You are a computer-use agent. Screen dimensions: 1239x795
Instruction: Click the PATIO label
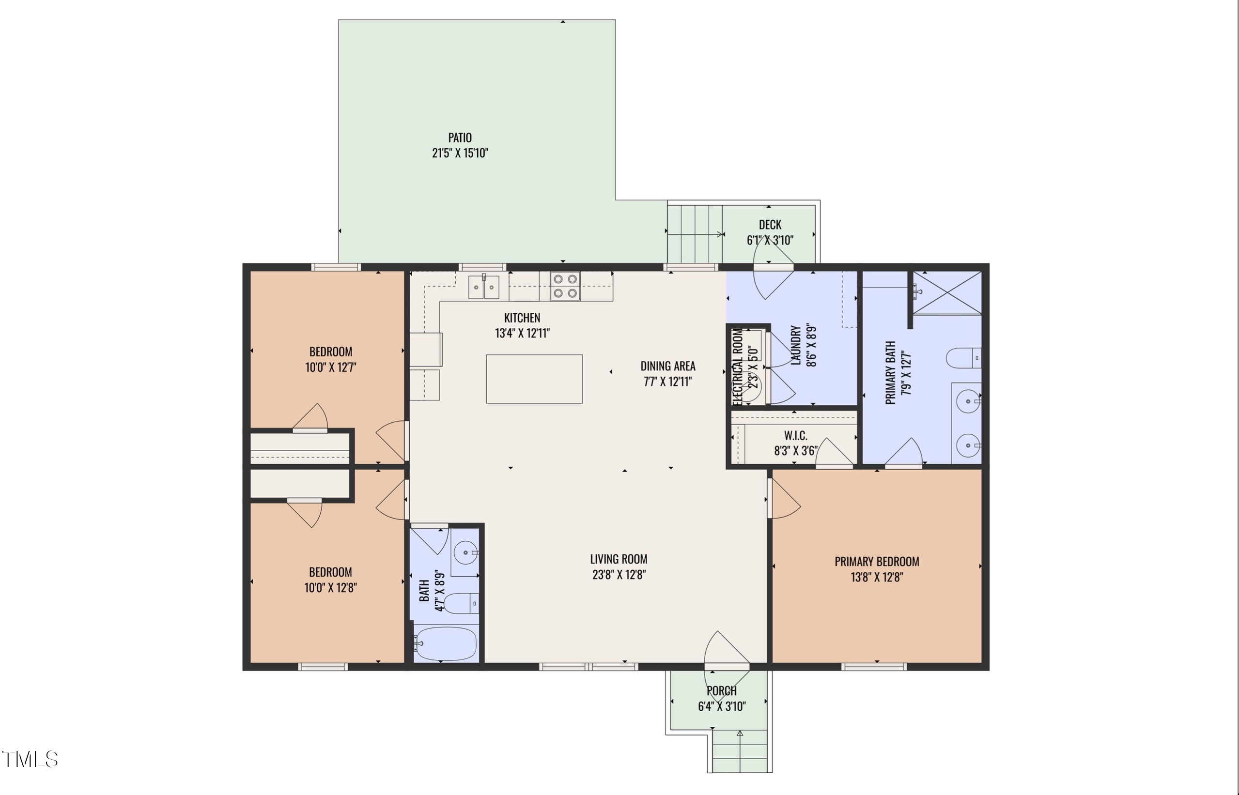point(460,138)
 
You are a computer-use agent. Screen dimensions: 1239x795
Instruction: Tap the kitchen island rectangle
point(535,379)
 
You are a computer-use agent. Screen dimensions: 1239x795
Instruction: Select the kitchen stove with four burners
point(565,286)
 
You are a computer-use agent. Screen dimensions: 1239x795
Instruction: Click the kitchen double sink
point(484,287)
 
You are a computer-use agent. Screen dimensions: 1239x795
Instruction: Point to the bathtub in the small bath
point(446,644)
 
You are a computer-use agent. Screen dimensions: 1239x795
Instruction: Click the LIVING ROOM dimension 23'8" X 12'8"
point(619,575)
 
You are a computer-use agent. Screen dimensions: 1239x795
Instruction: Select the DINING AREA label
point(668,366)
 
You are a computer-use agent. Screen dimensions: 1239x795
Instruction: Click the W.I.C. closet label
point(795,436)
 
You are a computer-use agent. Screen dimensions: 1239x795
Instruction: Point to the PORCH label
point(722,691)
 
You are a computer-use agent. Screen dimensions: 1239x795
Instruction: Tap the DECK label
point(770,225)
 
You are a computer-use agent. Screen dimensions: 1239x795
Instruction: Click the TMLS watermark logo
point(30,759)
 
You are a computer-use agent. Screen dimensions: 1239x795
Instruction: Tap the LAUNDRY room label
point(796,345)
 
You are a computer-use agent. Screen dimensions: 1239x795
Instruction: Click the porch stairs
point(740,750)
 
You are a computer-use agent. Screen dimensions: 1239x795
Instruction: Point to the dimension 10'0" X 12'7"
point(330,367)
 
